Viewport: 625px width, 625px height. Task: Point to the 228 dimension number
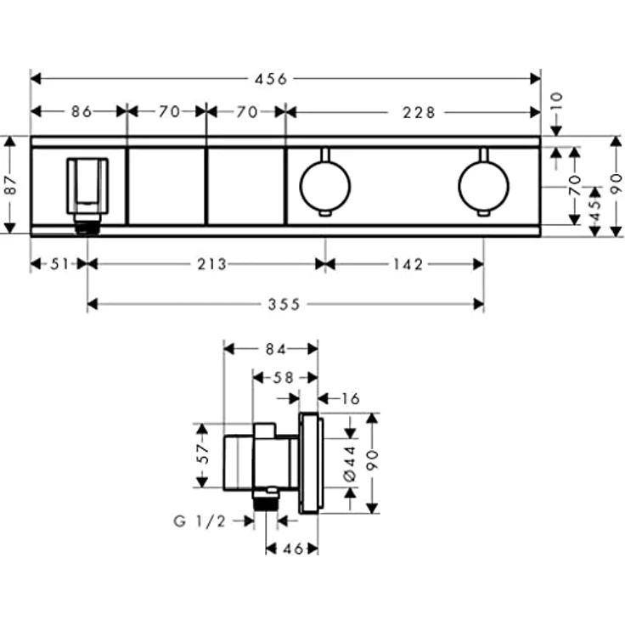pos(419,111)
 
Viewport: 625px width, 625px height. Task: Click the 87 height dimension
pos(11,185)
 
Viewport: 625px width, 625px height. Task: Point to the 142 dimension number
pos(407,264)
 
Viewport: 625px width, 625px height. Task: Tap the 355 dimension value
pos(284,304)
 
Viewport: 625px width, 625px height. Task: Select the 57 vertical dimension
pos(202,454)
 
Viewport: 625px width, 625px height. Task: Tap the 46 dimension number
pos(292,549)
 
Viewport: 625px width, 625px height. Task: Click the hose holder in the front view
pos(87,187)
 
